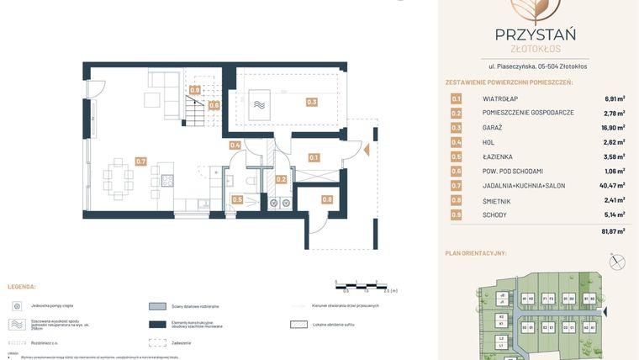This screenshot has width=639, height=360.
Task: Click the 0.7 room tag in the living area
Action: click(140, 161)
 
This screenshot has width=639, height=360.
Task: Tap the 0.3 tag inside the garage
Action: click(312, 102)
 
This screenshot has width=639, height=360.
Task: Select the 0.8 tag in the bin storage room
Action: click(327, 199)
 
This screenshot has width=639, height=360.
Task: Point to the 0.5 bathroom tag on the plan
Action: click(237, 199)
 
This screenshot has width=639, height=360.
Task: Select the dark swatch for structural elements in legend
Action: click(157, 325)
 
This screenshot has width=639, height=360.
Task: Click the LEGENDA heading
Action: click(21, 287)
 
